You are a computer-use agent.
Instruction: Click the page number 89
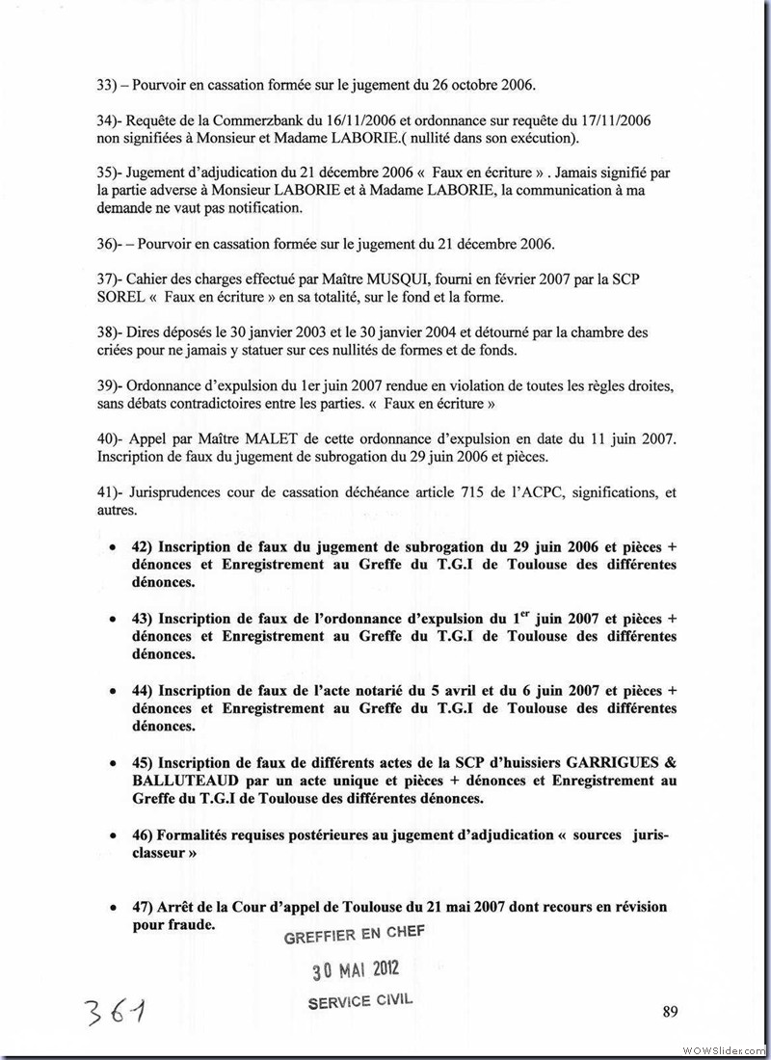point(671,1011)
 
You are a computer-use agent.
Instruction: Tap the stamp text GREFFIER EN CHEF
point(354,935)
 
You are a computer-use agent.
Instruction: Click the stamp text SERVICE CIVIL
point(359,1001)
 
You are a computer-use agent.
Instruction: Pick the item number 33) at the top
point(107,83)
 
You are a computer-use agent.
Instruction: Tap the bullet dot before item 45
point(114,762)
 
